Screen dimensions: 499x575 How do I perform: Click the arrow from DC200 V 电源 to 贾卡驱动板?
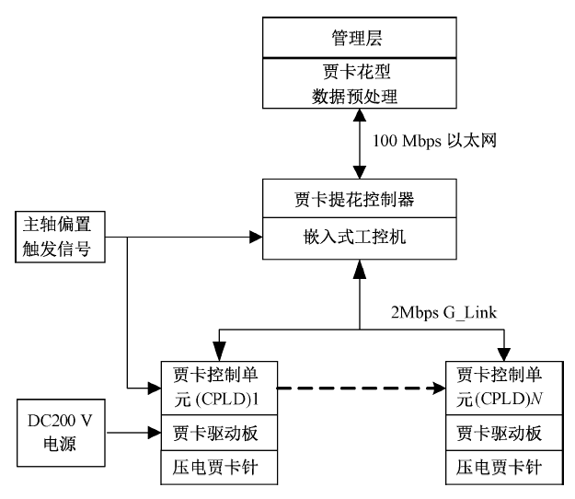coord(129,429)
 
